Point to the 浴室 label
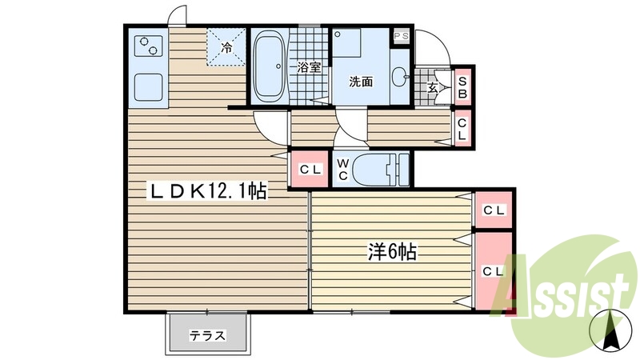310,67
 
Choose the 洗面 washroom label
361,81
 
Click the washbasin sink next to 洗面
400,78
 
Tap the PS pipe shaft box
400,36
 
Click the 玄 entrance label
433,87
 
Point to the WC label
342,169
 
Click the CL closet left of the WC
310,169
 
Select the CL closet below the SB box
462,130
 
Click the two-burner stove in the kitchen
146,46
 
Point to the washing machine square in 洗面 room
350,48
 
